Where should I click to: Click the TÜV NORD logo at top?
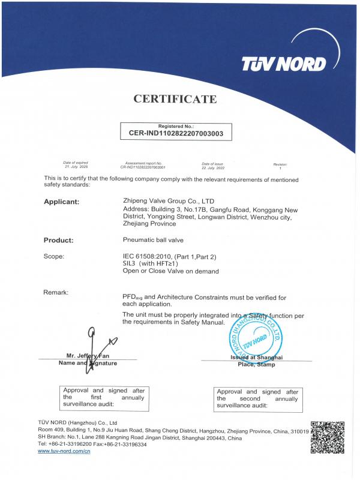[283, 64]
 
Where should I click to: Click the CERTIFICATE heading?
[175, 99]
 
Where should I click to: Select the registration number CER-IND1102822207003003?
[176, 134]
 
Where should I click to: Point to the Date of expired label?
[76, 163]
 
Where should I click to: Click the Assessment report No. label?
[142, 163]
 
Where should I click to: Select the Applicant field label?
[61, 202]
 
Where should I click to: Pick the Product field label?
[58, 240]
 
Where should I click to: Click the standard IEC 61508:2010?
[146, 256]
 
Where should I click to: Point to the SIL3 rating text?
[130, 263]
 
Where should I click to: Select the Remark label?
[56, 292]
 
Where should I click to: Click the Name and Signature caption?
[88, 363]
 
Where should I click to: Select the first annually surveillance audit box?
[103, 398]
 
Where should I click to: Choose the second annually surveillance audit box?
[257, 398]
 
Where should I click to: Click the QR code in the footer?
[328, 437]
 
